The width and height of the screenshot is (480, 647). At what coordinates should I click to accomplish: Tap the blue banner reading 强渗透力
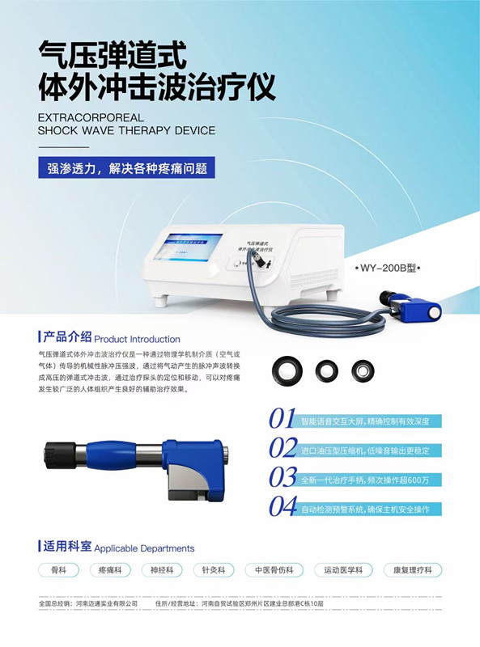coord(127,168)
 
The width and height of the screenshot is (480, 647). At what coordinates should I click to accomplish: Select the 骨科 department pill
coord(58,569)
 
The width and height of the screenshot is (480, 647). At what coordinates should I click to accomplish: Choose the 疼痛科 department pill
coord(109,569)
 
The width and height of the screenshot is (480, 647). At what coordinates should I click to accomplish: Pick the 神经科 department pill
coord(162,569)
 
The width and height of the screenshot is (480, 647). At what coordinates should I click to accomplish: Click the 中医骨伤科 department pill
coord(274,569)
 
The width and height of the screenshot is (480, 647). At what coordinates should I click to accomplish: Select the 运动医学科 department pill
coord(343,569)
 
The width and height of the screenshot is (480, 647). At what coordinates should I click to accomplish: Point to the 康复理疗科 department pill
coord(414,569)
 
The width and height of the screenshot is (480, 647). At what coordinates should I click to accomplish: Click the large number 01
coord(282,418)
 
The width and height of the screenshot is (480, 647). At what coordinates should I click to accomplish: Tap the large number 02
coord(282,448)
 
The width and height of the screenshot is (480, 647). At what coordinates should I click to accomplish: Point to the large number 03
coord(282,477)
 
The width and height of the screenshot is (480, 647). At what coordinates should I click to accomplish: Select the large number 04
coord(282,507)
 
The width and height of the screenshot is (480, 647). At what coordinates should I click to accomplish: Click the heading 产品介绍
coord(68,337)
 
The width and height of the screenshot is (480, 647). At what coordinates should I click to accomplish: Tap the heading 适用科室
coord(68,547)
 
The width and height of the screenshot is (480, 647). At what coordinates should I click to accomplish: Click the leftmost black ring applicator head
coord(287,370)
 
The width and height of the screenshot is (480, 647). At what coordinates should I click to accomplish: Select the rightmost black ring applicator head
coord(363,370)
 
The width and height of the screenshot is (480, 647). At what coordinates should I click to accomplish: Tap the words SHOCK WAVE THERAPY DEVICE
coord(126,130)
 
